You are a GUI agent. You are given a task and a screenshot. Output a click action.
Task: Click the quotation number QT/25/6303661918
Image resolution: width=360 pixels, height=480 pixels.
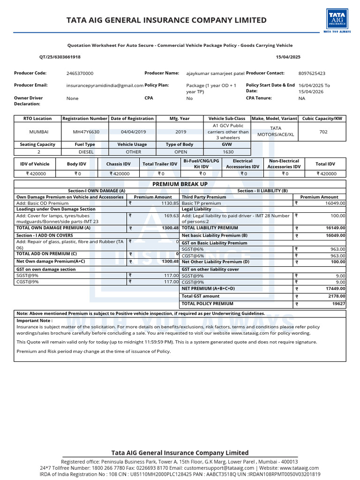[x=60, y=57]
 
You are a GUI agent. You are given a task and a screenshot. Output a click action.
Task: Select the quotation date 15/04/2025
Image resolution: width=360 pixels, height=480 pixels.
[x=289, y=57]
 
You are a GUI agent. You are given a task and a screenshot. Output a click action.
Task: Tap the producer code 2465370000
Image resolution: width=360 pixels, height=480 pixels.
[x=80, y=74]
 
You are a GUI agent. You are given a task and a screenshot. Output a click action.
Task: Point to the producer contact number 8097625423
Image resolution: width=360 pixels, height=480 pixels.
[x=312, y=74]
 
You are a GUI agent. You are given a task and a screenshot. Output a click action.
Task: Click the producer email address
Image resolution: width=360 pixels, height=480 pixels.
[x=105, y=86]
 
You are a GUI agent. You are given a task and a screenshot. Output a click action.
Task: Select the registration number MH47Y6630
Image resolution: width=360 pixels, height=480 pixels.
[x=86, y=132]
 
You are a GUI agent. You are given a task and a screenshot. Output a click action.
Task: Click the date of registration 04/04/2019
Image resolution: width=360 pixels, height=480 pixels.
[x=133, y=132]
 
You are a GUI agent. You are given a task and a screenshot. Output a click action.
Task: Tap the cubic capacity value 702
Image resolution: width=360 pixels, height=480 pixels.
[x=323, y=132]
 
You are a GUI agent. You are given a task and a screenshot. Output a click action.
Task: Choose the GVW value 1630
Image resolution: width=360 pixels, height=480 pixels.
[x=228, y=152]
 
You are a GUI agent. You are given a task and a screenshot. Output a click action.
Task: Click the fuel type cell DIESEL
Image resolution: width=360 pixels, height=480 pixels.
[x=86, y=152]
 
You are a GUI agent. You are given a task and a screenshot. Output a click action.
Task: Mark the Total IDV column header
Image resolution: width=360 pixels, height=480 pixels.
[x=325, y=164]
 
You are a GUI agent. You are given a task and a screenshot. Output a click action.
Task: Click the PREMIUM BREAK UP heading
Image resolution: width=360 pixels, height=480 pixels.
[x=180, y=184]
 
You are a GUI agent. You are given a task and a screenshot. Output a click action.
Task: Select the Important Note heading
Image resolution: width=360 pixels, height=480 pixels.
[x=35, y=321]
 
